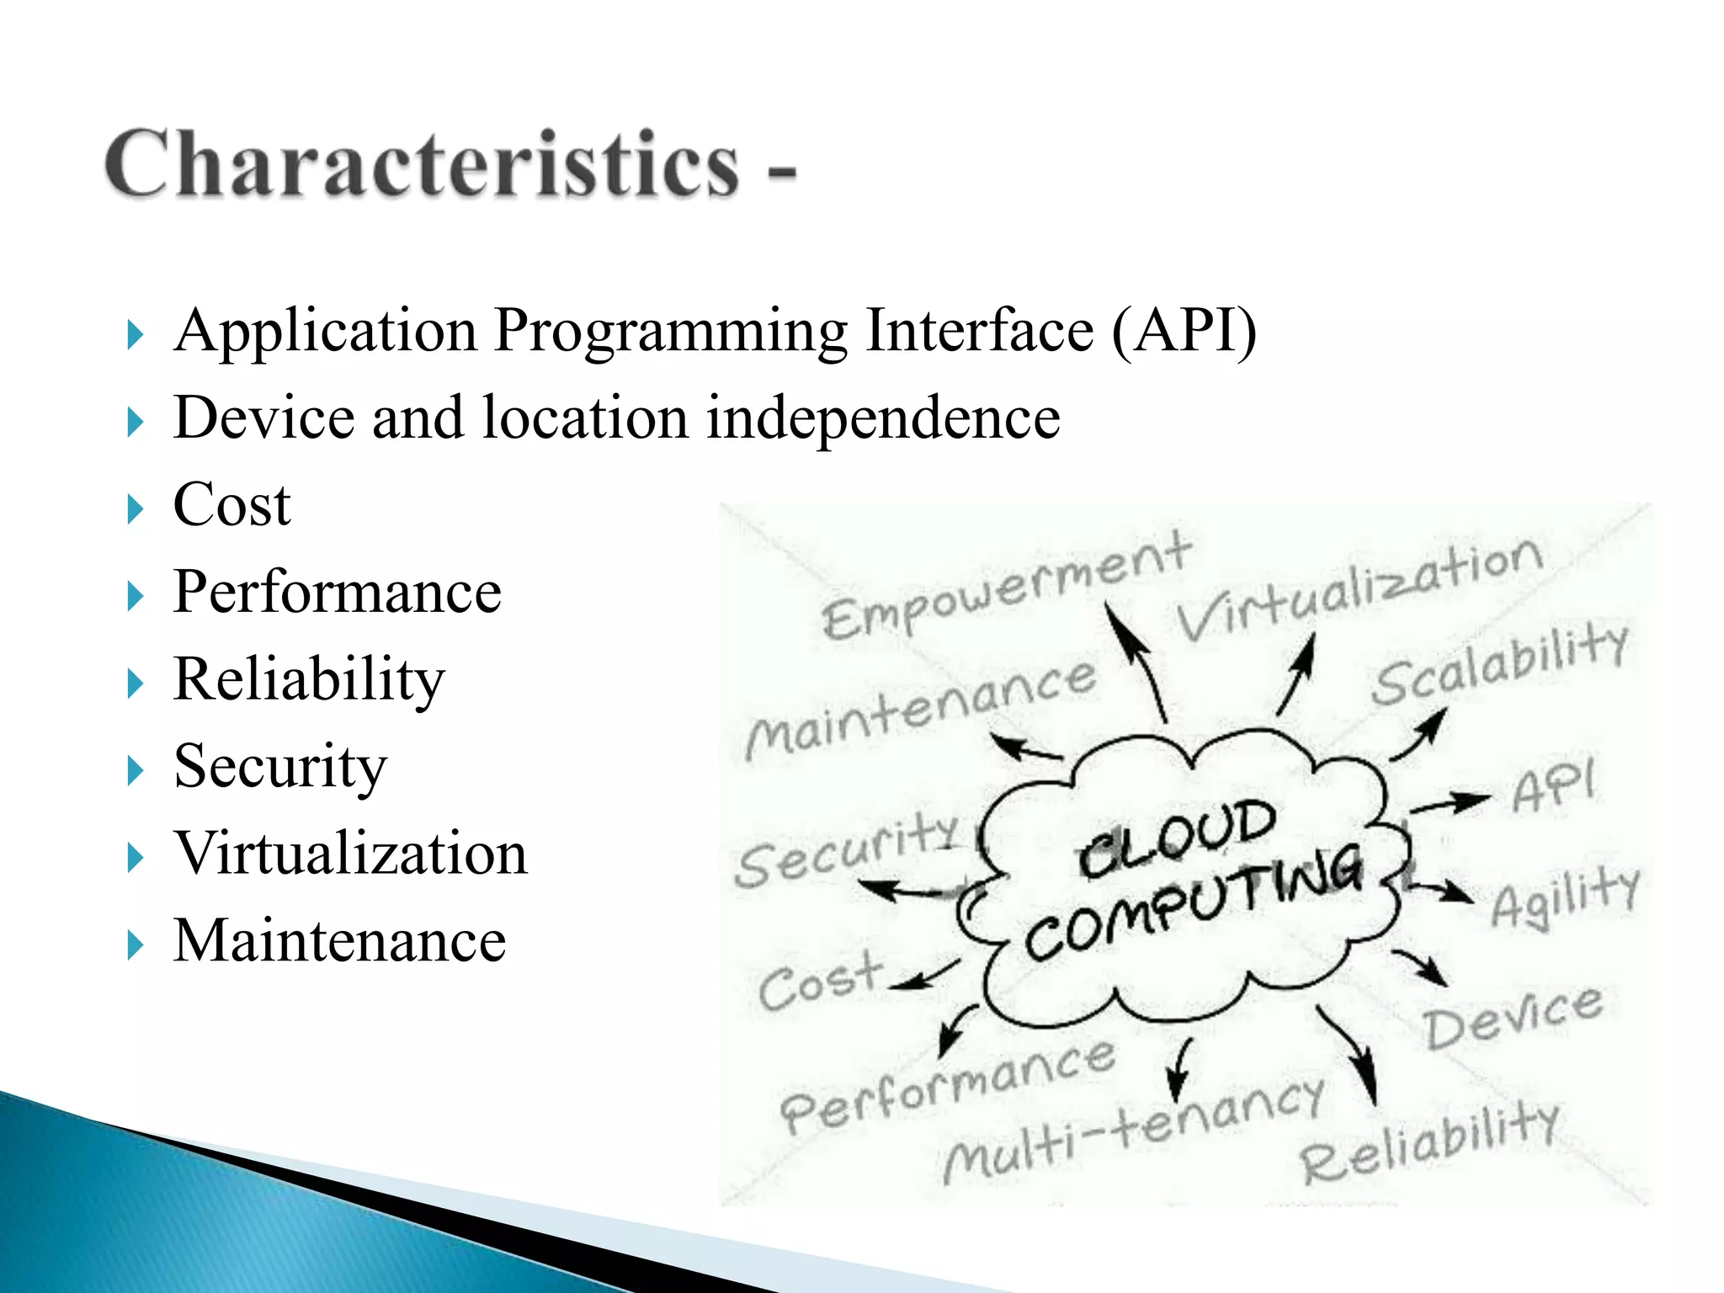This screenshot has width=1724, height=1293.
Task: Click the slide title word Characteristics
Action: tap(421, 164)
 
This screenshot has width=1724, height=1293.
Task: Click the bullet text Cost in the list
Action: tap(231, 506)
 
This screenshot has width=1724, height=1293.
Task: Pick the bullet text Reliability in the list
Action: tap(308, 680)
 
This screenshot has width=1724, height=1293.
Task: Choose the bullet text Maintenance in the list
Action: tap(339, 941)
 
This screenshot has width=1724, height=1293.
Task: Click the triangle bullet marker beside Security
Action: tap(135, 770)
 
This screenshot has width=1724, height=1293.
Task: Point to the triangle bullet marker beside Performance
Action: tap(135, 597)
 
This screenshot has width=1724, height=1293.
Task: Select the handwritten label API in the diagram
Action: tap(1553, 787)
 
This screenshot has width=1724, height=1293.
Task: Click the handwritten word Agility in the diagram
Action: tap(1566, 897)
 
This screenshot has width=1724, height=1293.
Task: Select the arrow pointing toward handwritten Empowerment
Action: tap(1136, 661)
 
